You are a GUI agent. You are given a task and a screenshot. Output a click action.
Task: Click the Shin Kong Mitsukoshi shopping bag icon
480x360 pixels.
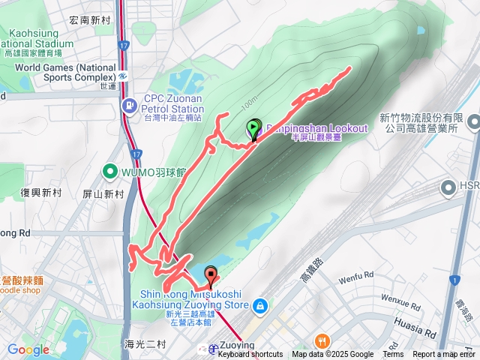[x=259, y=305]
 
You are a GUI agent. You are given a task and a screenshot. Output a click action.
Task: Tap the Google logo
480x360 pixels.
[x=28, y=349]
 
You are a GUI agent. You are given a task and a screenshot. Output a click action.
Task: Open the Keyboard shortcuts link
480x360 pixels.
[x=250, y=355]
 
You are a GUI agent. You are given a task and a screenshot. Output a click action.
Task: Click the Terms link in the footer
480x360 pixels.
[x=393, y=355]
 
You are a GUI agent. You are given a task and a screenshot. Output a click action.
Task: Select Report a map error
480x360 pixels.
[x=444, y=355]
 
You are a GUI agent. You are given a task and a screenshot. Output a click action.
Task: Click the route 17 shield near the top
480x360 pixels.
[x=124, y=46]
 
